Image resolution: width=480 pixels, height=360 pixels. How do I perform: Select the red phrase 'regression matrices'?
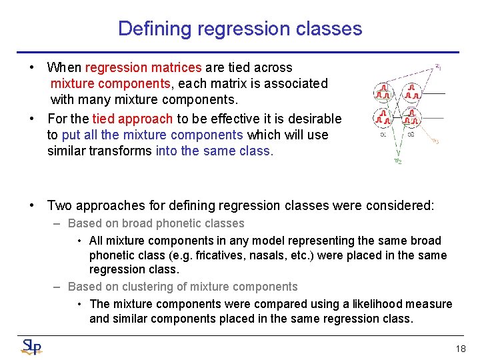143,67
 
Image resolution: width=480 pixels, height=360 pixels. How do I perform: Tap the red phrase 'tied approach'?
132,119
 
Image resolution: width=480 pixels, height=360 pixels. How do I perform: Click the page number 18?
460,349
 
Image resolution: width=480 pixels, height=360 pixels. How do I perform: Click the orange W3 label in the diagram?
435,141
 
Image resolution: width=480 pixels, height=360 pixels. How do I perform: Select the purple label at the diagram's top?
437,66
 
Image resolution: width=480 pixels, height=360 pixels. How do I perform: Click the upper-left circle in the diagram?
383,92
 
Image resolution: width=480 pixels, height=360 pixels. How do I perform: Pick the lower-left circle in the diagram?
383,118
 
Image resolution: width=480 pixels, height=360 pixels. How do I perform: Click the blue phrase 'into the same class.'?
214,151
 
